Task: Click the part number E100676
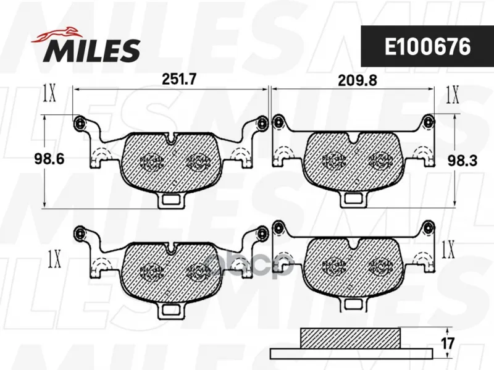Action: tap(427, 47)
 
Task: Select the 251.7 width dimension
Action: tap(178, 79)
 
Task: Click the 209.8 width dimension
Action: tap(358, 80)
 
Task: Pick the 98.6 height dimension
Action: tap(49, 159)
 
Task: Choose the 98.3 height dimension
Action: tap(463, 161)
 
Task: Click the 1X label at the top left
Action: tap(49, 93)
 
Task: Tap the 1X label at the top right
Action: tap(453, 95)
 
